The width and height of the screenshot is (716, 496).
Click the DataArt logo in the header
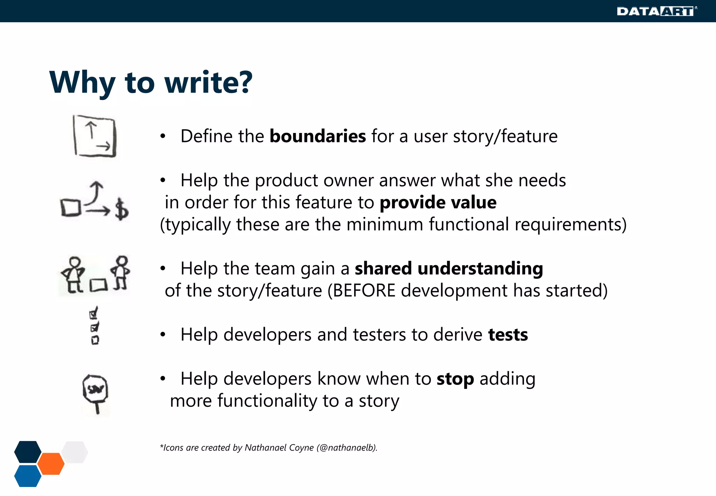(x=656, y=11)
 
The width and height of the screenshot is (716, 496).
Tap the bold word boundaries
(x=317, y=136)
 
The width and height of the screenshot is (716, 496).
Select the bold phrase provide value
(x=438, y=203)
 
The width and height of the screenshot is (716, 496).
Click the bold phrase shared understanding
(x=449, y=269)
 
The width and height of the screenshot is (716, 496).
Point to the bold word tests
(x=508, y=335)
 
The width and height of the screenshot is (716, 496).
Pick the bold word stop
(x=455, y=379)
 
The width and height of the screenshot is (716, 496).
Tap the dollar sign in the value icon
(x=121, y=210)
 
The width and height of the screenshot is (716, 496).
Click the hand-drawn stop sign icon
(x=95, y=393)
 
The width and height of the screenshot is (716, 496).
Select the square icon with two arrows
(x=94, y=136)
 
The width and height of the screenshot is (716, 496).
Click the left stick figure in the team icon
(x=73, y=275)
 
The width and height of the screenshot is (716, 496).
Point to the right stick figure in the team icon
(x=121, y=273)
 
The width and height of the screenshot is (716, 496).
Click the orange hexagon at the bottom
(x=51, y=463)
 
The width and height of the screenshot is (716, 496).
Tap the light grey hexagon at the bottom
(x=75, y=452)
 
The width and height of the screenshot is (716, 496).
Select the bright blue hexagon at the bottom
(x=28, y=476)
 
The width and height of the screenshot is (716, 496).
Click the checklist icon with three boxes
(x=94, y=326)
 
